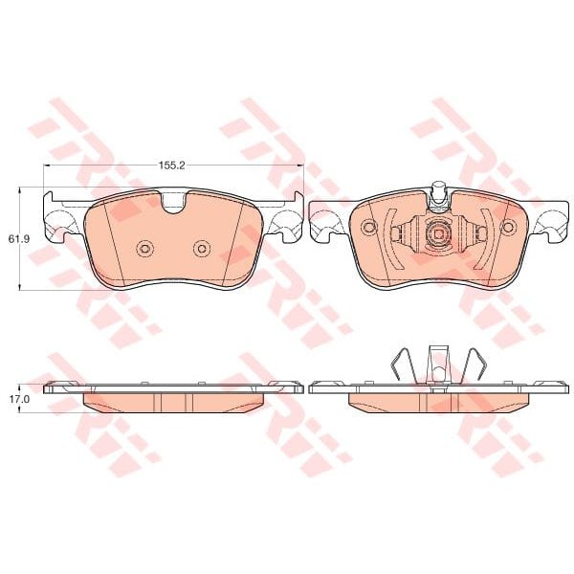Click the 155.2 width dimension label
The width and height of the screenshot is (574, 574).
(172, 166)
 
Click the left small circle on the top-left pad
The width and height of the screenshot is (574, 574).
(143, 249)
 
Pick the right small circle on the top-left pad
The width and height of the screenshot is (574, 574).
(202, 249)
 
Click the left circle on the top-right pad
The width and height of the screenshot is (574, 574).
(368, 228)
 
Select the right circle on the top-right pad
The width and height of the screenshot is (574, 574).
(508, 228)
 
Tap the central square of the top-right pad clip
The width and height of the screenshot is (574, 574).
(438, 233)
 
